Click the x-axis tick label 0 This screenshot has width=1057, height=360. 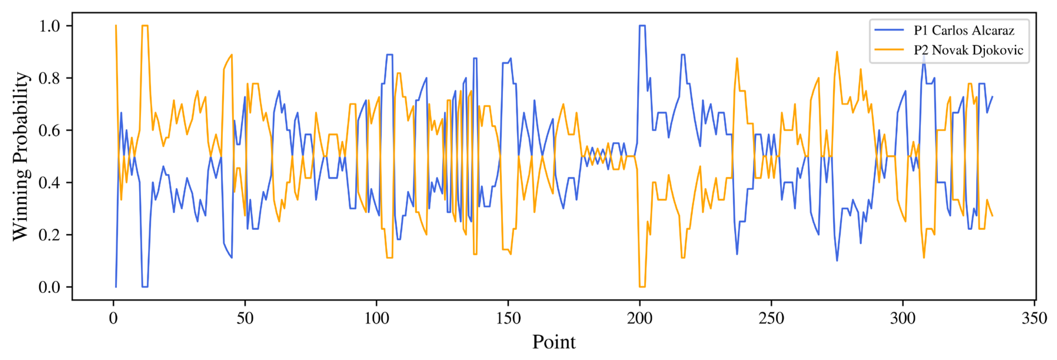113,318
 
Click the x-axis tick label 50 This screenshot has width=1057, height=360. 245,318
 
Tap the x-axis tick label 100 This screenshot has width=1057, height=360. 377,318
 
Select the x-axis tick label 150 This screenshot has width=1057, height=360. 508,318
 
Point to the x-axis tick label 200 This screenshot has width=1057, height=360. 640,318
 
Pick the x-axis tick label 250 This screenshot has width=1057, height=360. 771,318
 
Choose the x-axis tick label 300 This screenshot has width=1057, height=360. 903,318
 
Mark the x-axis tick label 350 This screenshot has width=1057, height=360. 1034,318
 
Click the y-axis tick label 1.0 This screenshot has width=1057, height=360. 49,26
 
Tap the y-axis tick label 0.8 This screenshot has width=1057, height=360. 49,78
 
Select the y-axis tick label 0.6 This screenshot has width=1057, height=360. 49,130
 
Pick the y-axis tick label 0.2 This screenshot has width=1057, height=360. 49,235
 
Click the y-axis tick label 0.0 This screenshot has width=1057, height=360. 49,287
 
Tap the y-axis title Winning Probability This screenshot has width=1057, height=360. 21,156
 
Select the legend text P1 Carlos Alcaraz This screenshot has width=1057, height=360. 964,30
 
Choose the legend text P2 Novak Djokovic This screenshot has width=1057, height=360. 968,50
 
